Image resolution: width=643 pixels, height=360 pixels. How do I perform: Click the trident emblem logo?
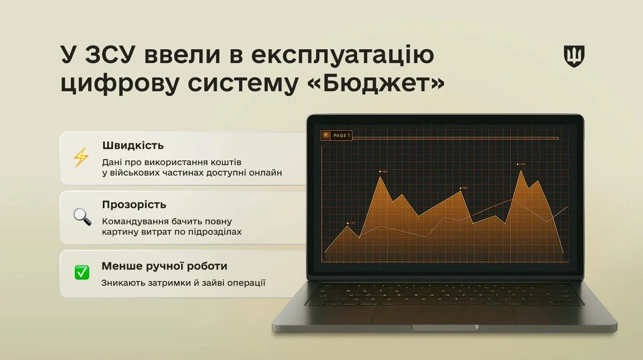(x=574, y=56)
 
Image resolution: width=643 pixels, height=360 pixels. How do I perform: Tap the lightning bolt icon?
(x=81, y=157)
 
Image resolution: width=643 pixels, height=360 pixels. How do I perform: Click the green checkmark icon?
(x=82, y=273)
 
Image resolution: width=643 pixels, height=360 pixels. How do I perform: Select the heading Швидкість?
(x=133, y=145)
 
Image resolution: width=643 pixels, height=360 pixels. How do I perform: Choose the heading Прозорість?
(x=134, y=205)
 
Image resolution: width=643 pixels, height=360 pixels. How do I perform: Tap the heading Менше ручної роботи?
(x=164, y=266)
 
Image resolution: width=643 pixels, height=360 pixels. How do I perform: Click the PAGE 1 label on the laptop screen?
(x=341, y=136)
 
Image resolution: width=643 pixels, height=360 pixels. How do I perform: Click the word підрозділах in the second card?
(x=216, y=232)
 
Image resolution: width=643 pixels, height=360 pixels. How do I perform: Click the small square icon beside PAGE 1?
(x=325, y=136)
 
